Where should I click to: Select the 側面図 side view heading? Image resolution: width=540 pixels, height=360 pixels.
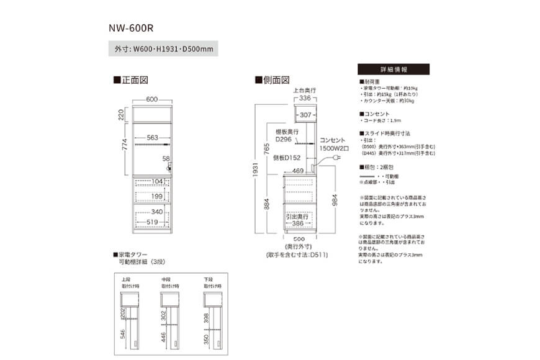click(x=272, y=80)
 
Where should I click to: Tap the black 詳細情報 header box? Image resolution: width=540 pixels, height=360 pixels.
click(x=393, y=70)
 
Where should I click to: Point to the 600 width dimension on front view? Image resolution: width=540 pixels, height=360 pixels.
click(x=151, y=99)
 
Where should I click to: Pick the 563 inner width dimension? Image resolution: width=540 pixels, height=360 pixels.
click(x=152, y=138)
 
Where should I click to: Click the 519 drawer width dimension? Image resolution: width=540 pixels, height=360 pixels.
click(x=152, y=222)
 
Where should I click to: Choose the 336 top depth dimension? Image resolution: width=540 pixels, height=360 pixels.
click(x=304, y=98)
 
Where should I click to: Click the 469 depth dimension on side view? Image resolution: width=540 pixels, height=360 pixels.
click(x=297, y=170)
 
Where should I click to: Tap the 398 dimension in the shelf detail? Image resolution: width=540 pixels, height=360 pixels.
click(x=207, y=318)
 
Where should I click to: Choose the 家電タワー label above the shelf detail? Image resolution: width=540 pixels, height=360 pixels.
click(x=132, y=255)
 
